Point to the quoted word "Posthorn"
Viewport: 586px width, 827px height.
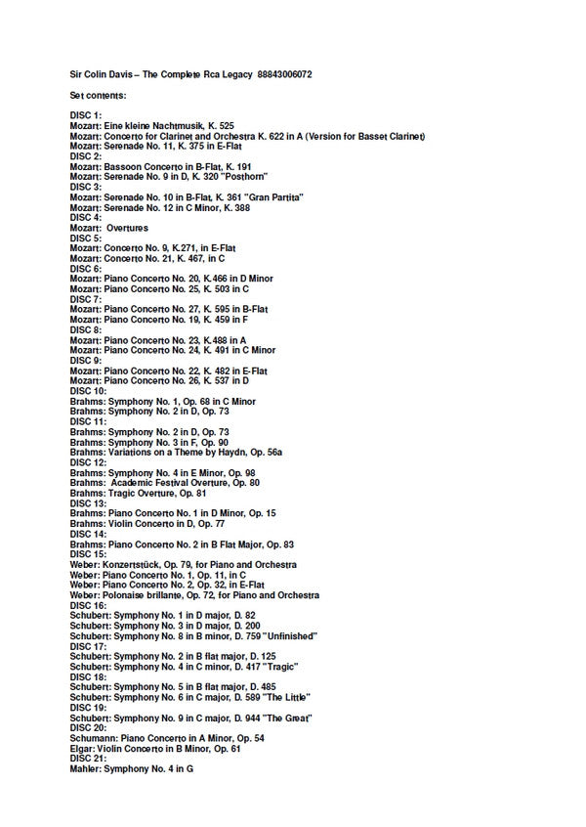tap(265, 177)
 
